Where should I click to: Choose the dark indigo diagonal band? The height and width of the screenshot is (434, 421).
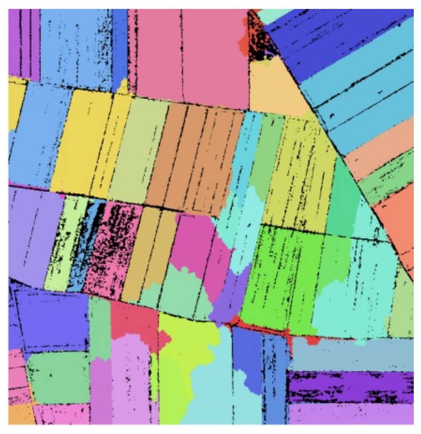pyautogui.click(x=330, y=38)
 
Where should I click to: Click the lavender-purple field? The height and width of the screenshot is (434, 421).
pyautogui.click(x=31, y=233)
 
